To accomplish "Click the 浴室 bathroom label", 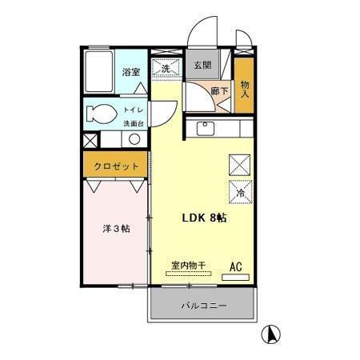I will point(131,72).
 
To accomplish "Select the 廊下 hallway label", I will point(219,91).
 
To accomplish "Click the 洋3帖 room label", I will point(117,228).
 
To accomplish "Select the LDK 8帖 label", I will point(204,218).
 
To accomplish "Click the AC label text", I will point(236,266).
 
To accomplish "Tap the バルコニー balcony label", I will point(203,306).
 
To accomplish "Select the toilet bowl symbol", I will point(100,113).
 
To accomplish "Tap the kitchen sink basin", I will point(204,128).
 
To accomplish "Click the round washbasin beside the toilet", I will point(134,138).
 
